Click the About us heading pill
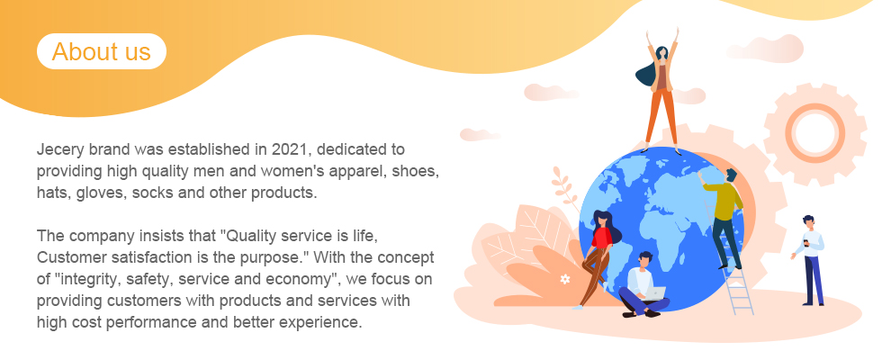[x=102, y=51]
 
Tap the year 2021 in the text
[x=290, y=149]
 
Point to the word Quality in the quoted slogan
[x=253, y=236]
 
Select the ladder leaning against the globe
[x=735, y=274]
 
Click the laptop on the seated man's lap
[x=655, y=293]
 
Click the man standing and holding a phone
[x=809, y=260]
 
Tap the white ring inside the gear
[x=814, y=134]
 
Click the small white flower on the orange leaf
[x=565, y=279]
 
